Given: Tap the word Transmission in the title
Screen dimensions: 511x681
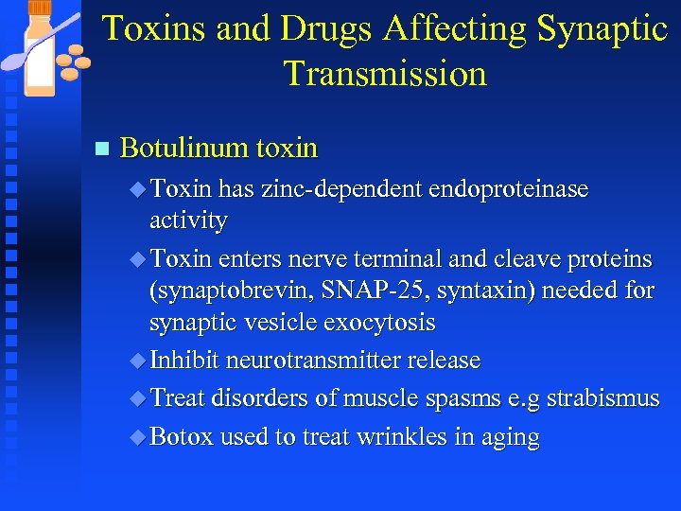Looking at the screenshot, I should (x=385, y=73).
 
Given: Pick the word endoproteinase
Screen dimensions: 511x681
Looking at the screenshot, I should (x=509, y=189).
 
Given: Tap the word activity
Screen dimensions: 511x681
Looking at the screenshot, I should (x=188, y=220).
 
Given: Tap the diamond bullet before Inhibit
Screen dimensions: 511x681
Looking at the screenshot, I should (x=139, y=361).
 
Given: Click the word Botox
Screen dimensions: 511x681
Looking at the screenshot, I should (x=182, y=437).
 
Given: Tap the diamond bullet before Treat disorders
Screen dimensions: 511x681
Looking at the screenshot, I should (x=139, y=398).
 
